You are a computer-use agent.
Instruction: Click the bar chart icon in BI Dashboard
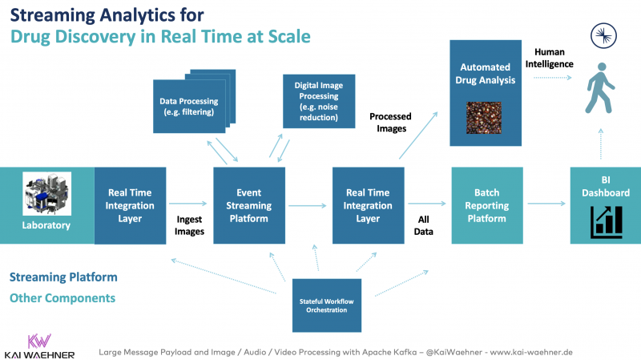tap(606, 221)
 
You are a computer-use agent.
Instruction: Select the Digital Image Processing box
tap(316, 100)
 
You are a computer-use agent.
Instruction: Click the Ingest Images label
tap(190, 225)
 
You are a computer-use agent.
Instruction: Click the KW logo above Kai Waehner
tap(38, 339)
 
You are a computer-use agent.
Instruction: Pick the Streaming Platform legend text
tap(63, 277)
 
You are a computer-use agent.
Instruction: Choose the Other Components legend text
tap(62, 297)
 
